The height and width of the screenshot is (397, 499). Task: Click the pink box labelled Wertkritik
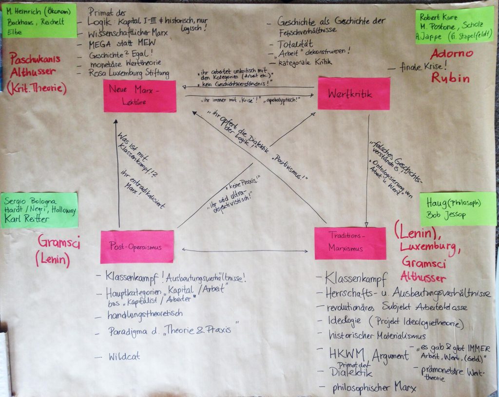pyautogui.click(x=354, y=93)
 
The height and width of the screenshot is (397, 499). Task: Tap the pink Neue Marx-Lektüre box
pyautogui.click(x=140, y=96)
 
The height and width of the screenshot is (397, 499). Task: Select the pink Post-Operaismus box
pyautogui.click(x=137, y=246)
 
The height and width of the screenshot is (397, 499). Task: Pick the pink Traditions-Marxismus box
pyautogui.click(x=350, y=243)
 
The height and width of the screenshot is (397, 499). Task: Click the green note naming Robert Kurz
pyautogui.click(x=454, y=25)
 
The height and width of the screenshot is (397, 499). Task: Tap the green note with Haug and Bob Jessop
pyautogui.click(x=458, y=209)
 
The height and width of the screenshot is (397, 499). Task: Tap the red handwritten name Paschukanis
pyautogui.click(x=34, y=58)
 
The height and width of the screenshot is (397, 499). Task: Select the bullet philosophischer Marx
pyautogui.click(x=375, y=388)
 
